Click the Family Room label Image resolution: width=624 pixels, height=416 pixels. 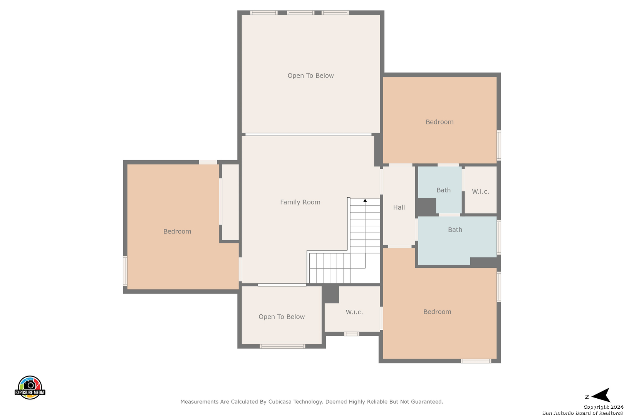(300, 202)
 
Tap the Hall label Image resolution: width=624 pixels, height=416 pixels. (399, 207)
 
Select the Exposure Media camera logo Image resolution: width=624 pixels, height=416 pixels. (30, 387)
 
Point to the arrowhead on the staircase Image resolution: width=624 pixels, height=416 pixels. (365, 200)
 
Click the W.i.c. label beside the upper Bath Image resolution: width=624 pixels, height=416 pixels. (481, 191)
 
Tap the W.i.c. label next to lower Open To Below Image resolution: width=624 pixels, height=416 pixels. (354, 312)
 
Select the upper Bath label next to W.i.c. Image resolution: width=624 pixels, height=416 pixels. (443, 190)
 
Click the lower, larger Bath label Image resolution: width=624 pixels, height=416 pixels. (455, 230)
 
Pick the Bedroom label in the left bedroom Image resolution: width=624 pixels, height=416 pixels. (177, 231)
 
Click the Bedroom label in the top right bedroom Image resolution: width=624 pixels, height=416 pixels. (439, 122)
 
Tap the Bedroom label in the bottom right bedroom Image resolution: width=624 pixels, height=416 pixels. (437, 312)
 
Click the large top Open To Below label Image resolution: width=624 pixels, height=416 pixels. (310, 75)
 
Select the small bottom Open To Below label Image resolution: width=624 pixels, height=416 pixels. (282, 317)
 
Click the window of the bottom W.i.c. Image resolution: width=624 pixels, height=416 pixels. (352, 334)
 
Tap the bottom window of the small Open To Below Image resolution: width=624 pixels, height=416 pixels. (282, 346)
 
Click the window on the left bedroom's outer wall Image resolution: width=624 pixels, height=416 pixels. (125, 271)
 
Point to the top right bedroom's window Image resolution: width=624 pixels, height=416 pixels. (499, 145)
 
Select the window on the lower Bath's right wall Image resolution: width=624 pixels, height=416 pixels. (499, 237)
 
